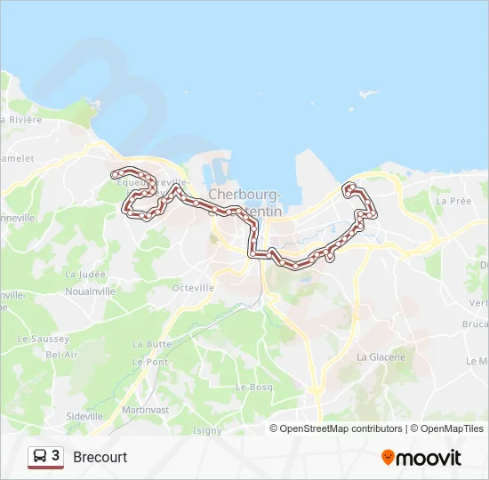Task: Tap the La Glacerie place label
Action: [x=381, y=356]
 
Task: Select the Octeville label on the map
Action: [x=193, y=288]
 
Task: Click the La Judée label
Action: [x=84, y=275]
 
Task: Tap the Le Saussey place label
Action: [x=43, y=340]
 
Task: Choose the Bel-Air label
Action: [x=61, y=354]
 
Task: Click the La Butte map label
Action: [x=151, y=344]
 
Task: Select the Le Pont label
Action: [x=150, y=362]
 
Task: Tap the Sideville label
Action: [x=84, y=416]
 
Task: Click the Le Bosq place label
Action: [x=253, y=388]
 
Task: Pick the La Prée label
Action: [x=453, y=201]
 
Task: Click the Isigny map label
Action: [x=207, y=430]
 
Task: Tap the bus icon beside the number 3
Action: [x=40, y=456]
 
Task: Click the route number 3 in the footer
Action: [x=56, y=456]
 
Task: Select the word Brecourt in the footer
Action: [x=100, y=457]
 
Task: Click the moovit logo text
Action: [x=429, y=458]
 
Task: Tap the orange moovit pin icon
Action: [x=388, y=457]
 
